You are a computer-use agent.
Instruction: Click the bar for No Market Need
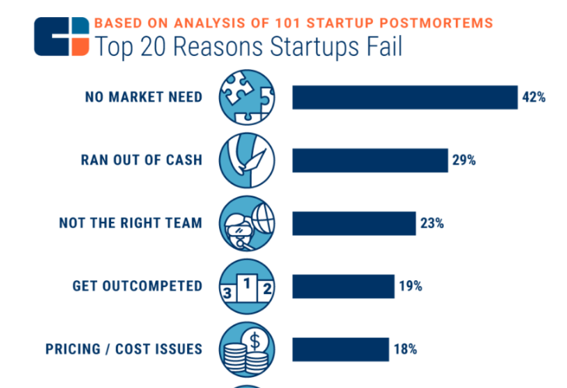[x=405, y=97]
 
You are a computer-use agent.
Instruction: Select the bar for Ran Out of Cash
[x=370, y=161]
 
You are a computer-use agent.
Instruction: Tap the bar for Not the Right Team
[x=354, y=223]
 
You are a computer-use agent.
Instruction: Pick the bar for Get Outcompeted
[x=343, y=286]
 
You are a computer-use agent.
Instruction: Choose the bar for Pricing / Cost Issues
[x=341, y=349]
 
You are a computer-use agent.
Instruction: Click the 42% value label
[x=534, y=97]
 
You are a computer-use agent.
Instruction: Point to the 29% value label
[x=464, y=160]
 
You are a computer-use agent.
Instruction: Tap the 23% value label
[x=432, y=223]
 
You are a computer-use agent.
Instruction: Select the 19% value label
[x=410, y=286]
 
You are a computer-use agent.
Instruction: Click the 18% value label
[x=405, y=349]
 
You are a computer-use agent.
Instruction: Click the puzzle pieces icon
[x=247, y=97]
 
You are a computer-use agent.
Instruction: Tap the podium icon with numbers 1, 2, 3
[x=247, y=286]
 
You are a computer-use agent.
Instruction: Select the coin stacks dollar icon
[x=247, y=349]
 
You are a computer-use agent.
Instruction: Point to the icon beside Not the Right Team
[x=247, y=223]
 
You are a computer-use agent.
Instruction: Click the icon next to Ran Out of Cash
[x=247, y=161]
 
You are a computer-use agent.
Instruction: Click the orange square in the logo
[x=80, y=47]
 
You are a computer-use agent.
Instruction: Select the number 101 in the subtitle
[x=288, y=23]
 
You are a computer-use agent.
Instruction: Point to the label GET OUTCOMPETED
[x=137, y=286]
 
